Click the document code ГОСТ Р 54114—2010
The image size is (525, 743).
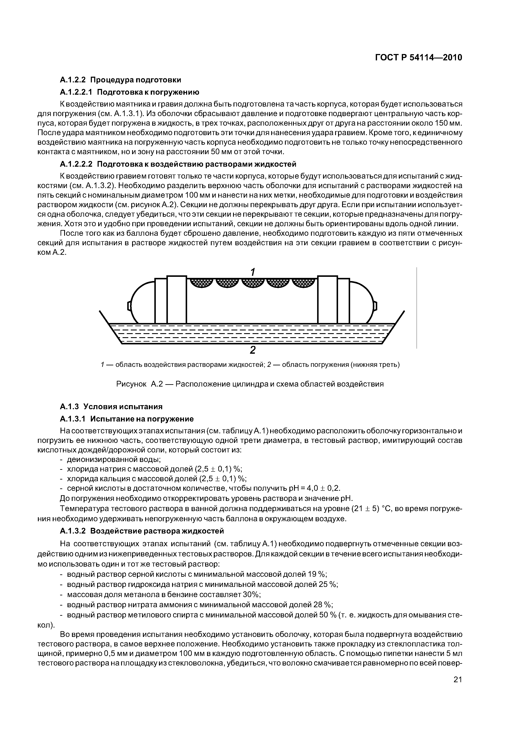point(418,58)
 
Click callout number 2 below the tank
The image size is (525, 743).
point(253,350)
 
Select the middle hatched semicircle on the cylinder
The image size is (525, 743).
point(253,283)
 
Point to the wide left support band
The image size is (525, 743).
point(177,299)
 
